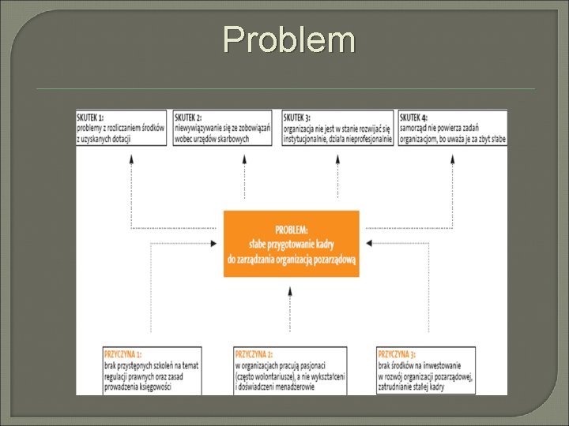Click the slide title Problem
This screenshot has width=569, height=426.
click(x=288, y=39)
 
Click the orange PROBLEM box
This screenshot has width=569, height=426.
click(x=291, y=244)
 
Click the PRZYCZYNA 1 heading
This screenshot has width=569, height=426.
click(x=121, y=353)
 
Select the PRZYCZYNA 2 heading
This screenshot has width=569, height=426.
click(x=254, y=353)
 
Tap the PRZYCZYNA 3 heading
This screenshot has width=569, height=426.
click(x=398, y=353)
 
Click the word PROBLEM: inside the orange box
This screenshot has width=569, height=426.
click(x=291, y=230)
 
